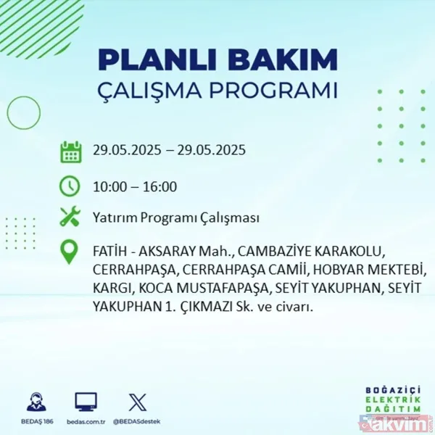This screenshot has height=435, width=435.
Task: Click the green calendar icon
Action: (70, 152)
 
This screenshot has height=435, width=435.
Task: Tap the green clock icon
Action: (70, 186)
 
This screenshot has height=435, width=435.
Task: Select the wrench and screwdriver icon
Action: (70, 217)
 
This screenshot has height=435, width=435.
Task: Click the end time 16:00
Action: (160, 186)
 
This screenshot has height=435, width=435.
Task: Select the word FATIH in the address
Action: (108, 251)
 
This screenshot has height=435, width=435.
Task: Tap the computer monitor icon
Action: (86, 402)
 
